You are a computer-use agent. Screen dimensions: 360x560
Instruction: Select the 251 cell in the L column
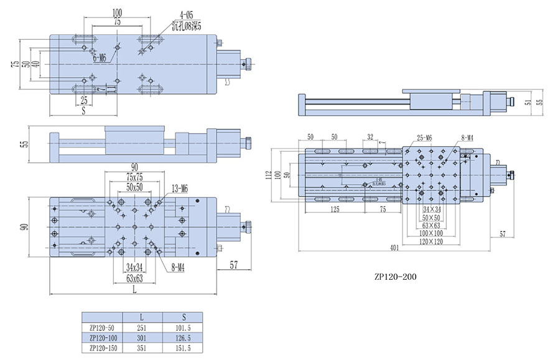point(142,328)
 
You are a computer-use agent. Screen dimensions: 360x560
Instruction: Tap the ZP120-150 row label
point(103,348)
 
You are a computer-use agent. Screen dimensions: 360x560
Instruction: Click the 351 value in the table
point(142,348)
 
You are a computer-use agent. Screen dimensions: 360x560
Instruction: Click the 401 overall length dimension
point(394,247)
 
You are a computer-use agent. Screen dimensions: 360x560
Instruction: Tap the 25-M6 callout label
point(426,137)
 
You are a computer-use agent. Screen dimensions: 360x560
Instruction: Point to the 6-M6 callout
point(100,58)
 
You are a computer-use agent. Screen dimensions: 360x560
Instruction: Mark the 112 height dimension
point(269,175)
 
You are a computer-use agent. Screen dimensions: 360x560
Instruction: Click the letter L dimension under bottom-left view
point(134,290)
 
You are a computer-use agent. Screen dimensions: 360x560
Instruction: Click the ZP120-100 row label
point(103,338)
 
